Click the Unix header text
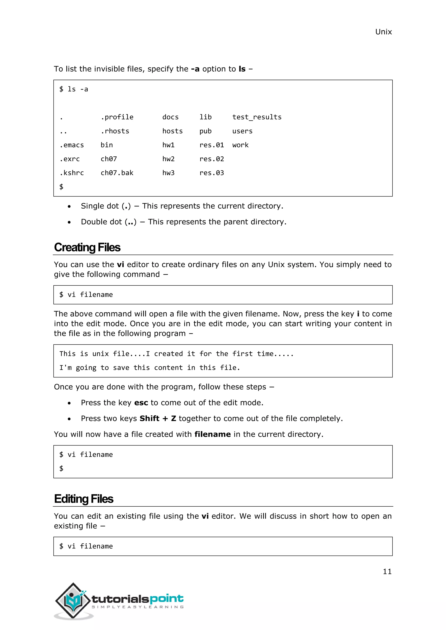pyautogui.click(x=383, y=32)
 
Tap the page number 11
pyautogui.click(x=387, y=571)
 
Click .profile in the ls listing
pyautogui.click(x=117, y=117)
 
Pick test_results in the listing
pyautogui.click(x=257, y=117)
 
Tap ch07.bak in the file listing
pyautogui.click(x=117, y=173)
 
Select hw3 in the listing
pyautogui.click(x=168, y=173)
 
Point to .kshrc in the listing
pyautogui.click(x=72, y=173)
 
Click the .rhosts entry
pyautogui.click(x=115, y=131)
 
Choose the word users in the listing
pyautogui.click(x=242, y=131)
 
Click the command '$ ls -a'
pyautogui.click(x=74, y=89)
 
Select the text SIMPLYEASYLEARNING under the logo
pyautogui.click(x=138, y=607)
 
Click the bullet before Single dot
pyautogui.click(x=69, y=206)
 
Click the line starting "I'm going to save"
pyautogui.click(x=150, y=368)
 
